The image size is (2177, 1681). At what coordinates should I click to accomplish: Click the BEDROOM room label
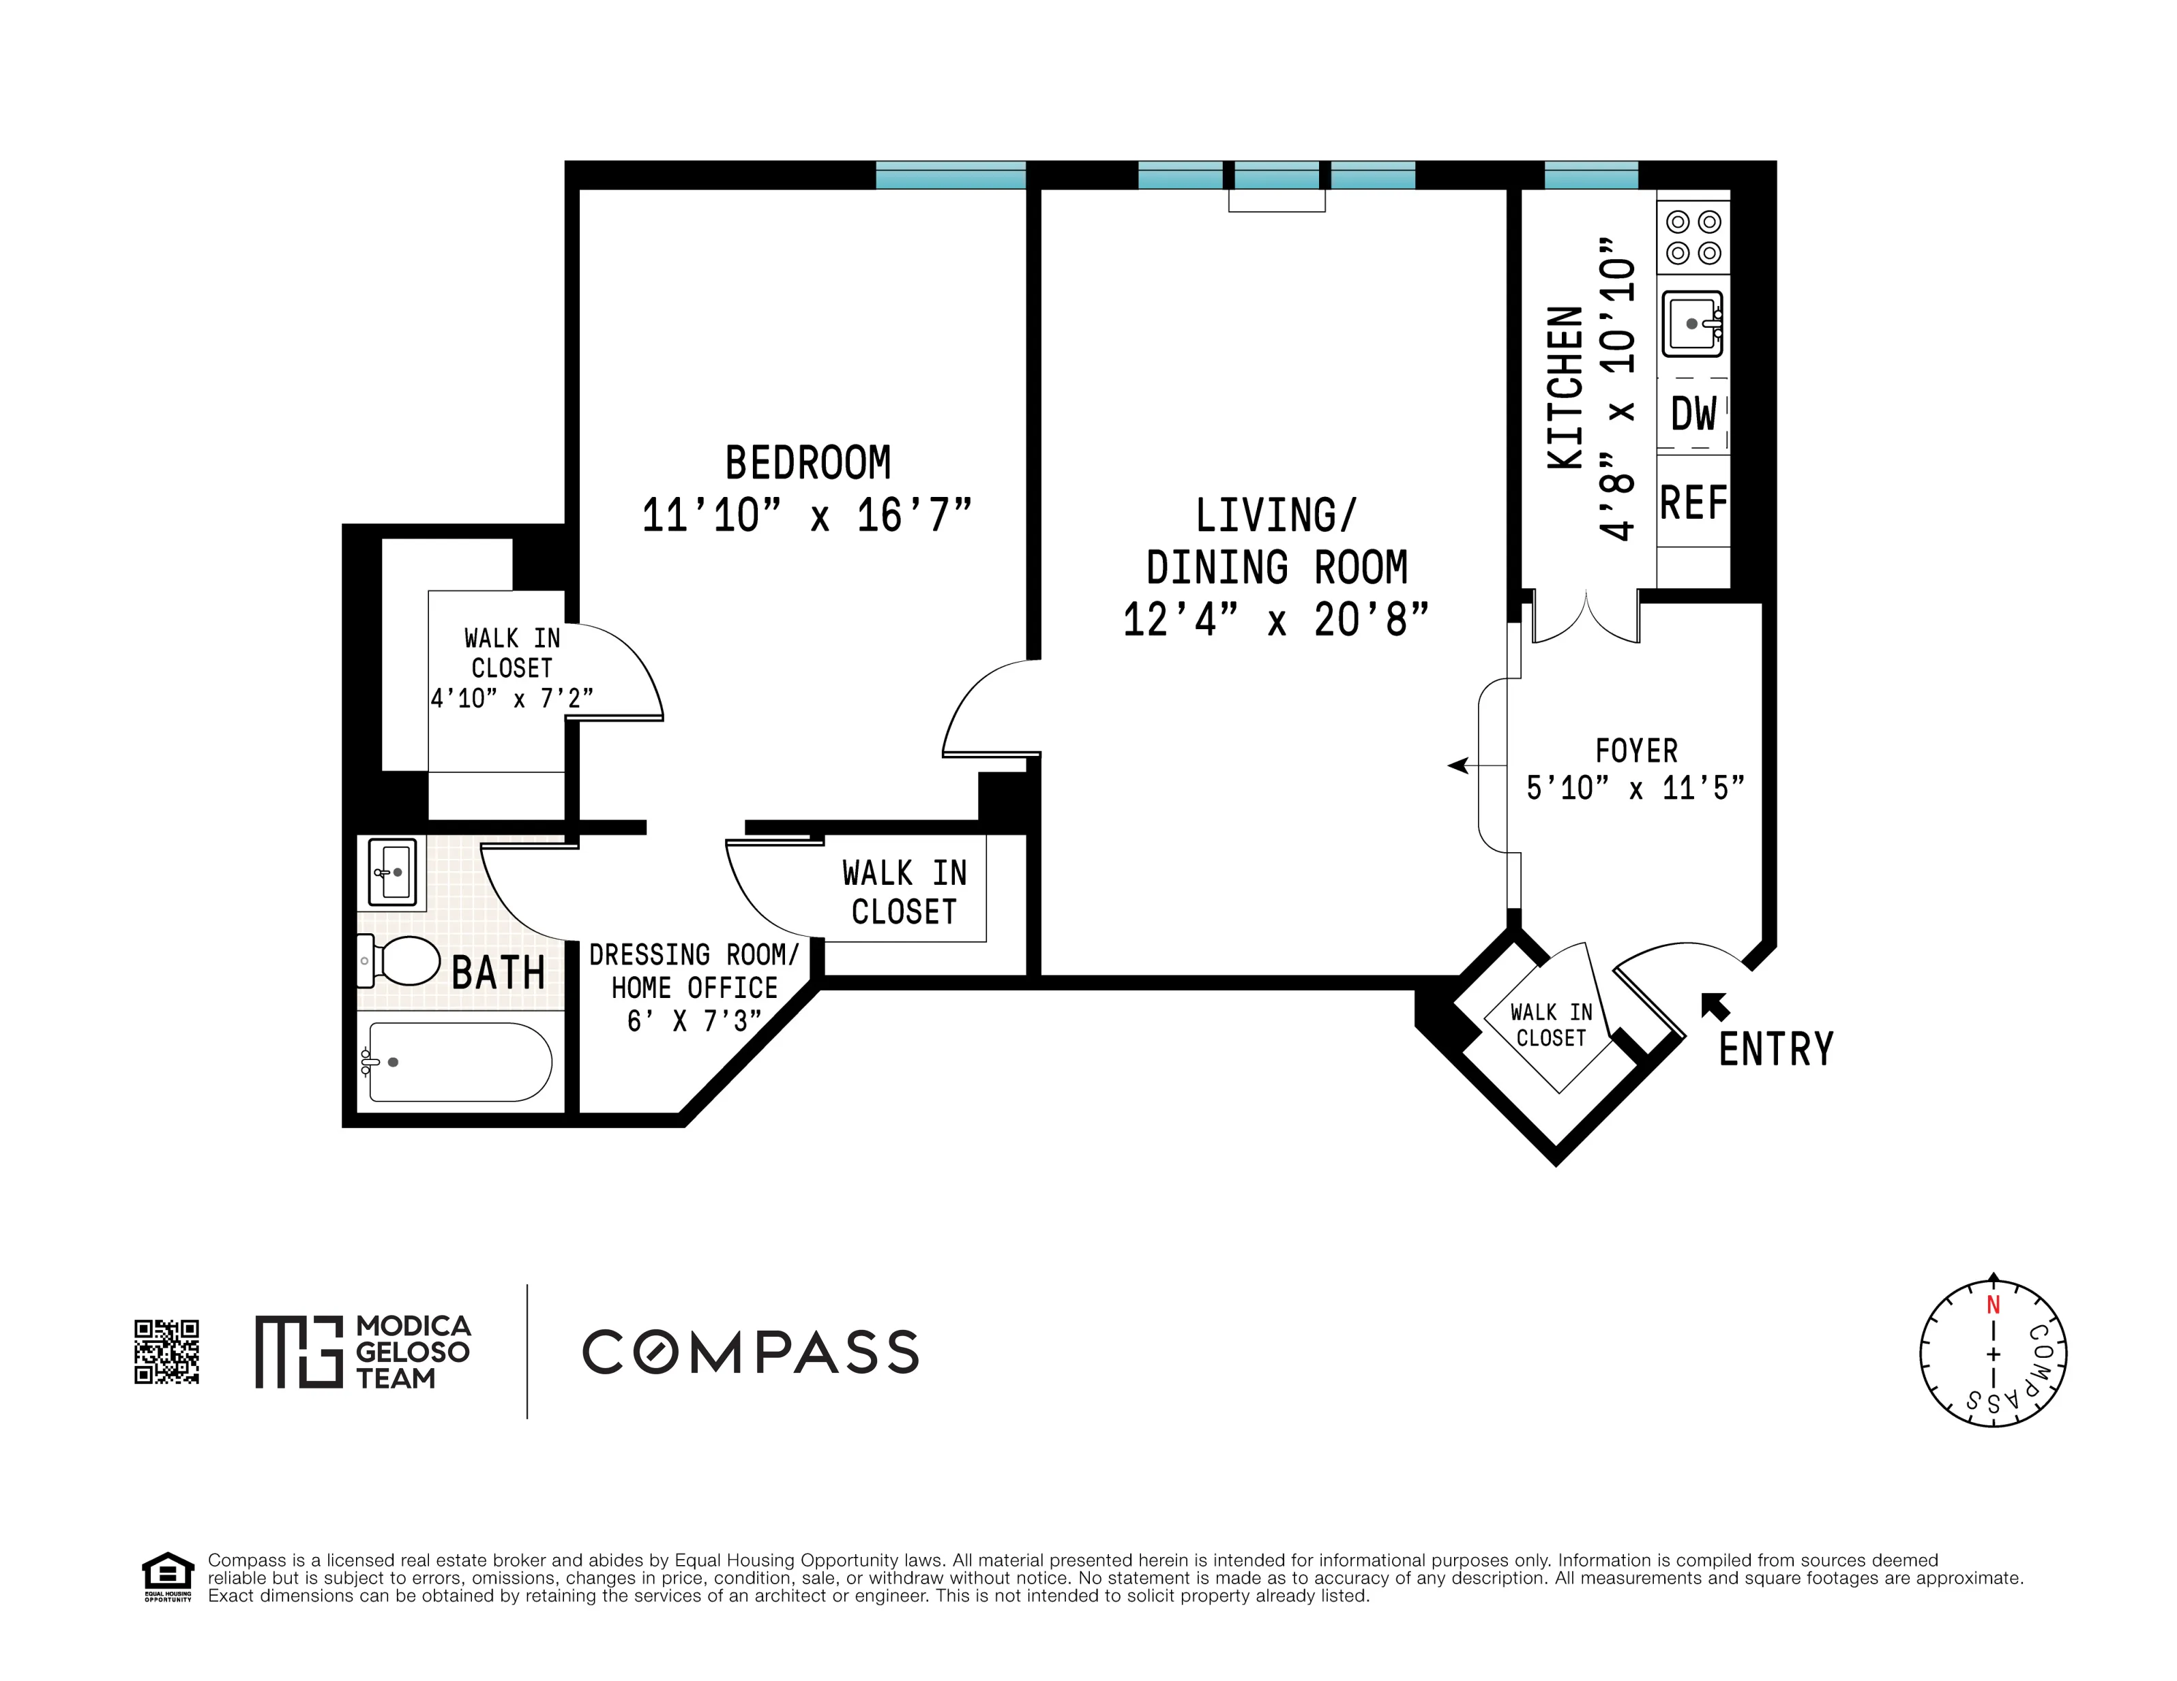808,464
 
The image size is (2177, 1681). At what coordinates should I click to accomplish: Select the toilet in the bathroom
401,960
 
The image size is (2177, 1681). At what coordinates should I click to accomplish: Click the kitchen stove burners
1693,237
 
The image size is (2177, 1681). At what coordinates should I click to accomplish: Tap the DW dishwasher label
1693,414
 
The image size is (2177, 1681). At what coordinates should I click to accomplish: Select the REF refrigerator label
1693,503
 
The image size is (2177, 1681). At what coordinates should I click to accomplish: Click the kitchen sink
1693,324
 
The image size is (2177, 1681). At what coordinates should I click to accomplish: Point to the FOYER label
1635,751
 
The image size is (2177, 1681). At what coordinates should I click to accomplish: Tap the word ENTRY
1775,1049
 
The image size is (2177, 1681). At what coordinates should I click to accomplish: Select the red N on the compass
1993,1305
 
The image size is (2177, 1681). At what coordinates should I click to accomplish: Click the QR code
166,1352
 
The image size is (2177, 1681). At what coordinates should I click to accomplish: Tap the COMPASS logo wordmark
750,1352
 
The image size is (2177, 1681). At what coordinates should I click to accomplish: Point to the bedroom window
950,175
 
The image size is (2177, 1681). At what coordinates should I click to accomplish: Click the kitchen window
1591,175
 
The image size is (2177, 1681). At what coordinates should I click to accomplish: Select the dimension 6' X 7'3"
694,1021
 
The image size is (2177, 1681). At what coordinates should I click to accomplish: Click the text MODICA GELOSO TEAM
412,1352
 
